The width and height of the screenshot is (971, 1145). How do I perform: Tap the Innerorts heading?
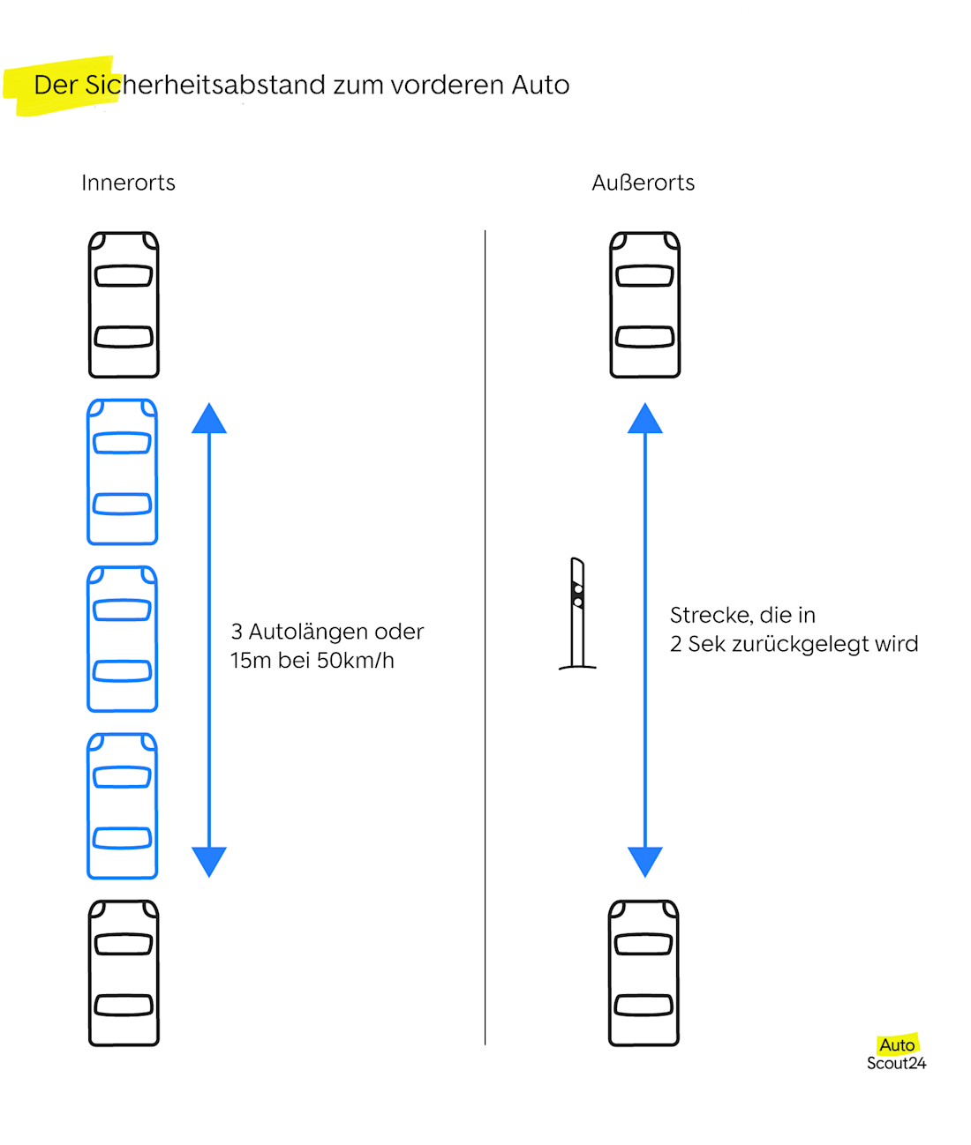tap(128, 183)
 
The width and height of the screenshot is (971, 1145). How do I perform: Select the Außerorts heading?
tap(643, 183)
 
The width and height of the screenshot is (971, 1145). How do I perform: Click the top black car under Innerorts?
tap(124, 305)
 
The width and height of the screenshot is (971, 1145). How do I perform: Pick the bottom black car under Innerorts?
tap(124, 973)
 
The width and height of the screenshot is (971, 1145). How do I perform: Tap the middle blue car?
tap(122, 639)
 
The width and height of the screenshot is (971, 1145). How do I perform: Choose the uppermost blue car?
tap(122, 472)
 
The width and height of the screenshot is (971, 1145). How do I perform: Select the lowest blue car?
tap(122, 805)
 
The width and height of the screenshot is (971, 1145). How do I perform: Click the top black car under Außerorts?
tap(645, 305)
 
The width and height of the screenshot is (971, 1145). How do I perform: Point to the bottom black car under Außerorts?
tap(644, 973)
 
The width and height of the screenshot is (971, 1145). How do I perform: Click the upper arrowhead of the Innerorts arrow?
tap(209, 419)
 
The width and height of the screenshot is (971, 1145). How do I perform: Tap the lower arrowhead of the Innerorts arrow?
tap(209, 861)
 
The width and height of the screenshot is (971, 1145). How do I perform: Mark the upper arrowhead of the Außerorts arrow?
tap(645, 419)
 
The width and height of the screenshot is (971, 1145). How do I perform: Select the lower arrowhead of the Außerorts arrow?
tap(645, 861)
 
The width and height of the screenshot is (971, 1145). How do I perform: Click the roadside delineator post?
tap(577, 613)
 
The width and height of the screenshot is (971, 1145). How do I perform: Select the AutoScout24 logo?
tap(897, 1053)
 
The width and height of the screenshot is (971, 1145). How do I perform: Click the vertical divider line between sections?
tap(485, 635)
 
